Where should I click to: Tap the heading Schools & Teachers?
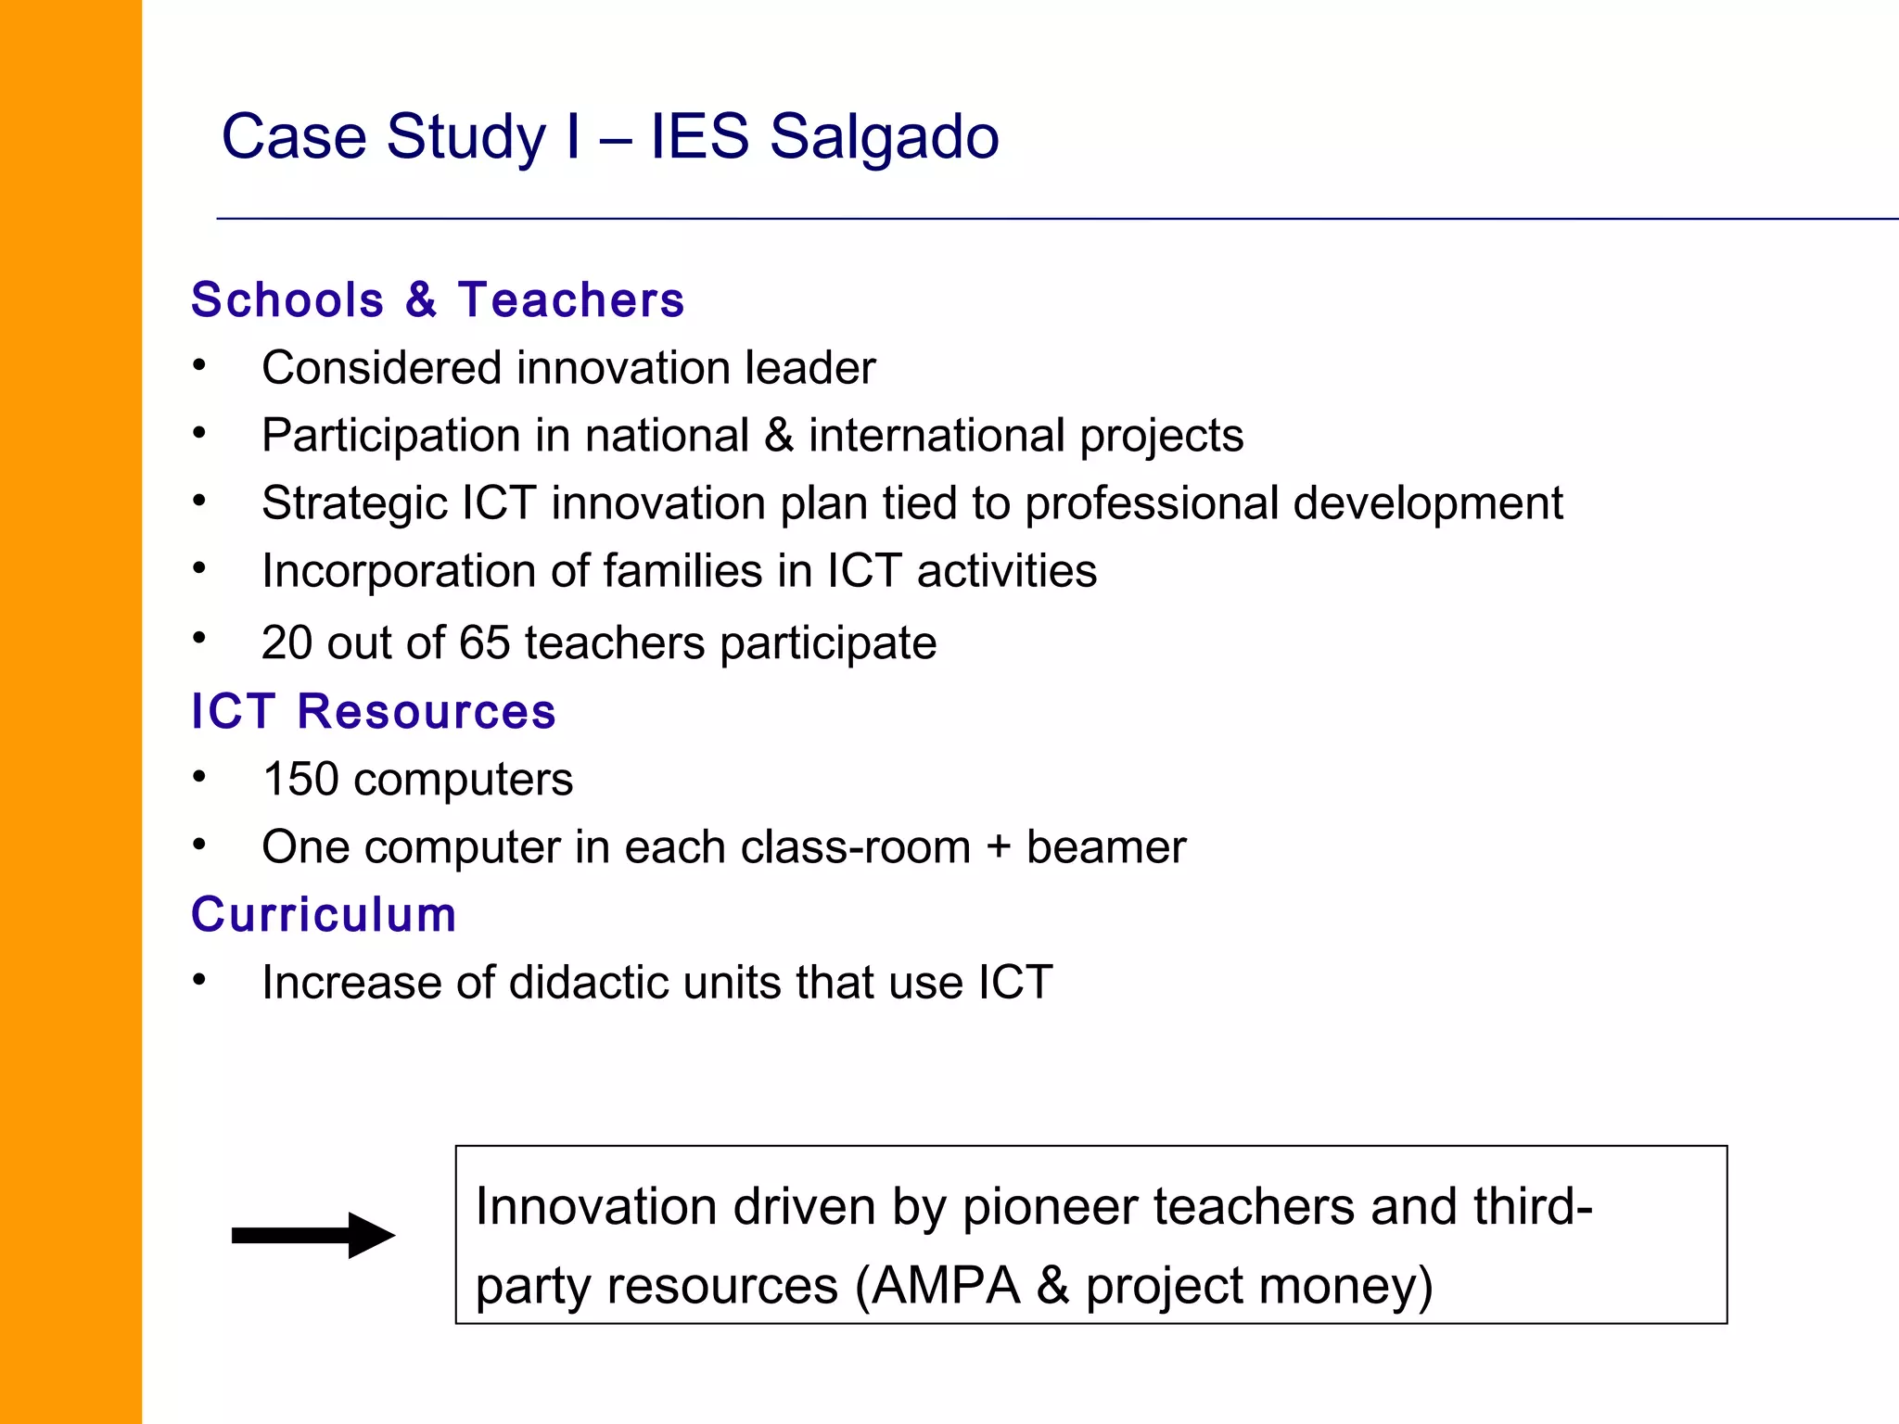[x=438, y=300]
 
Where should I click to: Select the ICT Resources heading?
[x=373, y=712]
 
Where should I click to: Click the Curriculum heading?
[x=324, y=915]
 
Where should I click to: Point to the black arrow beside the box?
[x=313, y=1235]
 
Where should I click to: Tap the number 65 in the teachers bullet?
[x=484, y=643]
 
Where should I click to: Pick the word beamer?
[x=1106, y=847]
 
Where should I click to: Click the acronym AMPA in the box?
[x=946, y=1287]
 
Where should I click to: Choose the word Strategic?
[x=354, y=504]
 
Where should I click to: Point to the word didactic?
[x=589, y=983]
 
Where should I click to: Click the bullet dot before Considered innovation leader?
[x=199, y=365]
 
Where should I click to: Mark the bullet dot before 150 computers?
[x=199, y=777]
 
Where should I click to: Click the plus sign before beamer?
[x=998, y=847]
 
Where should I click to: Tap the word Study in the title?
[x=466, y=137]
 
